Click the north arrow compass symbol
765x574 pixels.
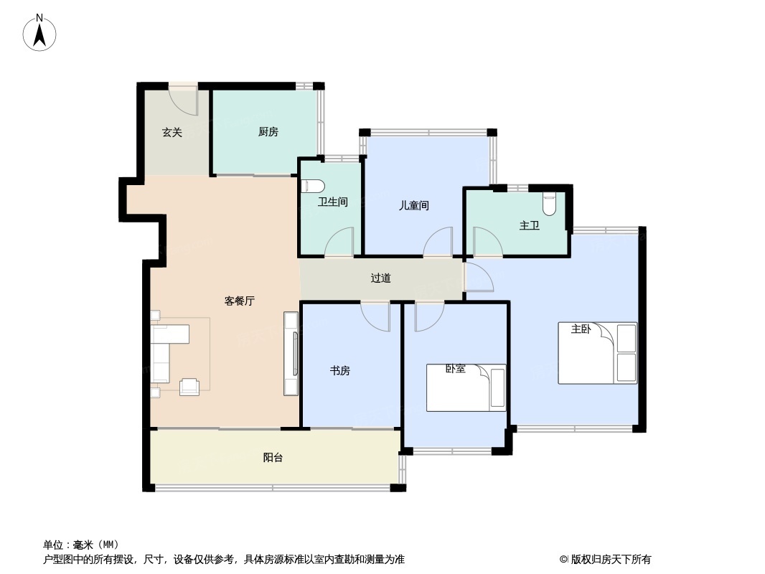click(39, 33)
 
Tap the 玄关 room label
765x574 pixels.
click(172, 132)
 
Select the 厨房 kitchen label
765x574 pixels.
click(268, 132)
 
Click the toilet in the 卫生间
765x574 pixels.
click(313, 186)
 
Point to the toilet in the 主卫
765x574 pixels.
click(550, 204)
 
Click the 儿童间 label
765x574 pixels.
click(414, 205)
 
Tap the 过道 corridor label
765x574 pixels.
click(380, 278)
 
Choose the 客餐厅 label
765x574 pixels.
click(240, 301)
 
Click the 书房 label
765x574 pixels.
click(340, 371)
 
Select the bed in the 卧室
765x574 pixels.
click(466, 387)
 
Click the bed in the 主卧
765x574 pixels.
click(598, 352)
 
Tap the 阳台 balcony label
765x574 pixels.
click(273, 458)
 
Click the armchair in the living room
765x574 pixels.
click(189, 386)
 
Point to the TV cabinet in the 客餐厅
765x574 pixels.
click(291, 354)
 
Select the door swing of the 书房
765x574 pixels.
click(375, 317)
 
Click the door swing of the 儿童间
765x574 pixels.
click(438, 241)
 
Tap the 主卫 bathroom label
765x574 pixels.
click(530, 225)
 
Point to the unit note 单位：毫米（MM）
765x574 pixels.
click(81, 545)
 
